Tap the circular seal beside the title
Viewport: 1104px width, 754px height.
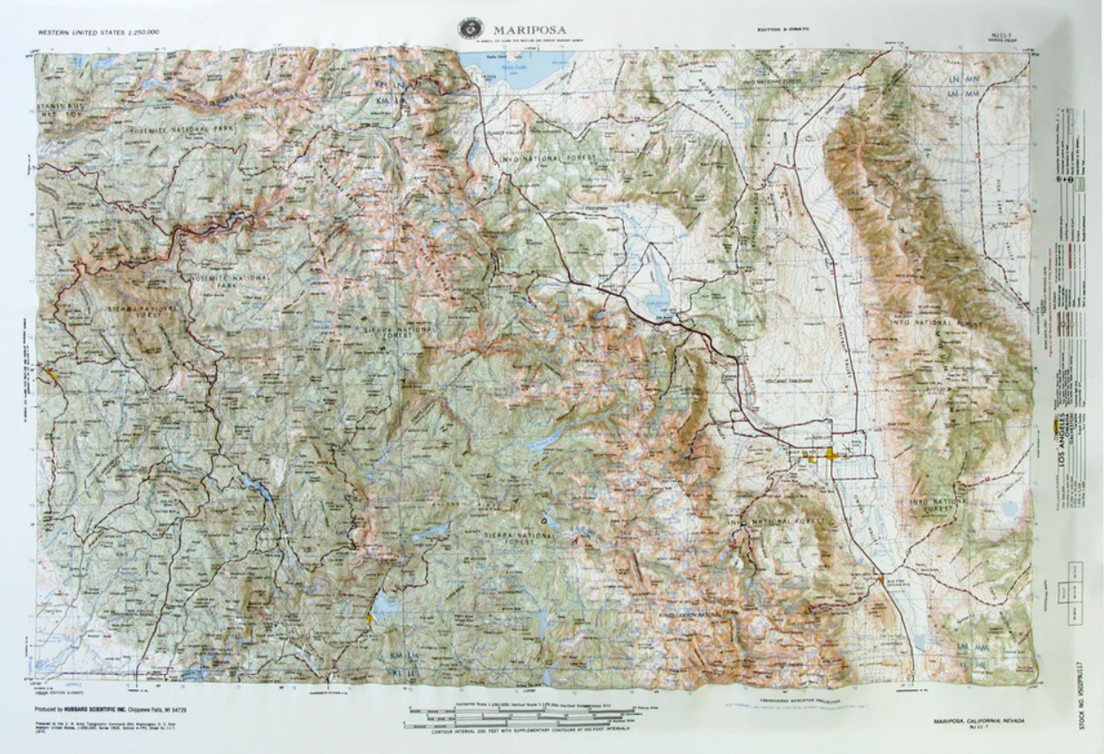click(469, 29)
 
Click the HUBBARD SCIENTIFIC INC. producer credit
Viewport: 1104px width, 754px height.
click(112, 710)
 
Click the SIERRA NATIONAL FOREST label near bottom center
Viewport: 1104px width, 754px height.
click(516, 541)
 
